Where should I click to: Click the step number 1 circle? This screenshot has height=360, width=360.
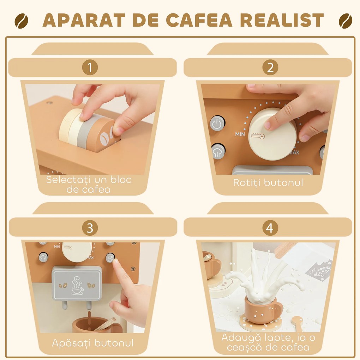(x=90, y=67)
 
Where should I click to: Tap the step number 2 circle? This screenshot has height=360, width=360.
(x=270, y=67)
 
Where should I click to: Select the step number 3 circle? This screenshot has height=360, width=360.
(x=90, y=228)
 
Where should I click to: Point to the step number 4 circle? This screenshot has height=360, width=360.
(x=270, y=228)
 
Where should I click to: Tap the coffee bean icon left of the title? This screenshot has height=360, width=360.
(x=22, y=21)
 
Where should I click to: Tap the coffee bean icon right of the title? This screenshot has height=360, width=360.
(x=345, y=21)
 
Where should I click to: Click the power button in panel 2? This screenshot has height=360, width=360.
(x=217, y=124)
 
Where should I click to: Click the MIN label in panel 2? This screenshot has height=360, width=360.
(x=240, y=134)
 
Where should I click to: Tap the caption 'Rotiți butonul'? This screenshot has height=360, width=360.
(x=268, y=183)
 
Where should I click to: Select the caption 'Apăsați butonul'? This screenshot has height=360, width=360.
(x=93, y=343)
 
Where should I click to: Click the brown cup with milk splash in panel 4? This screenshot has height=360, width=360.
(x=262, y=309)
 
